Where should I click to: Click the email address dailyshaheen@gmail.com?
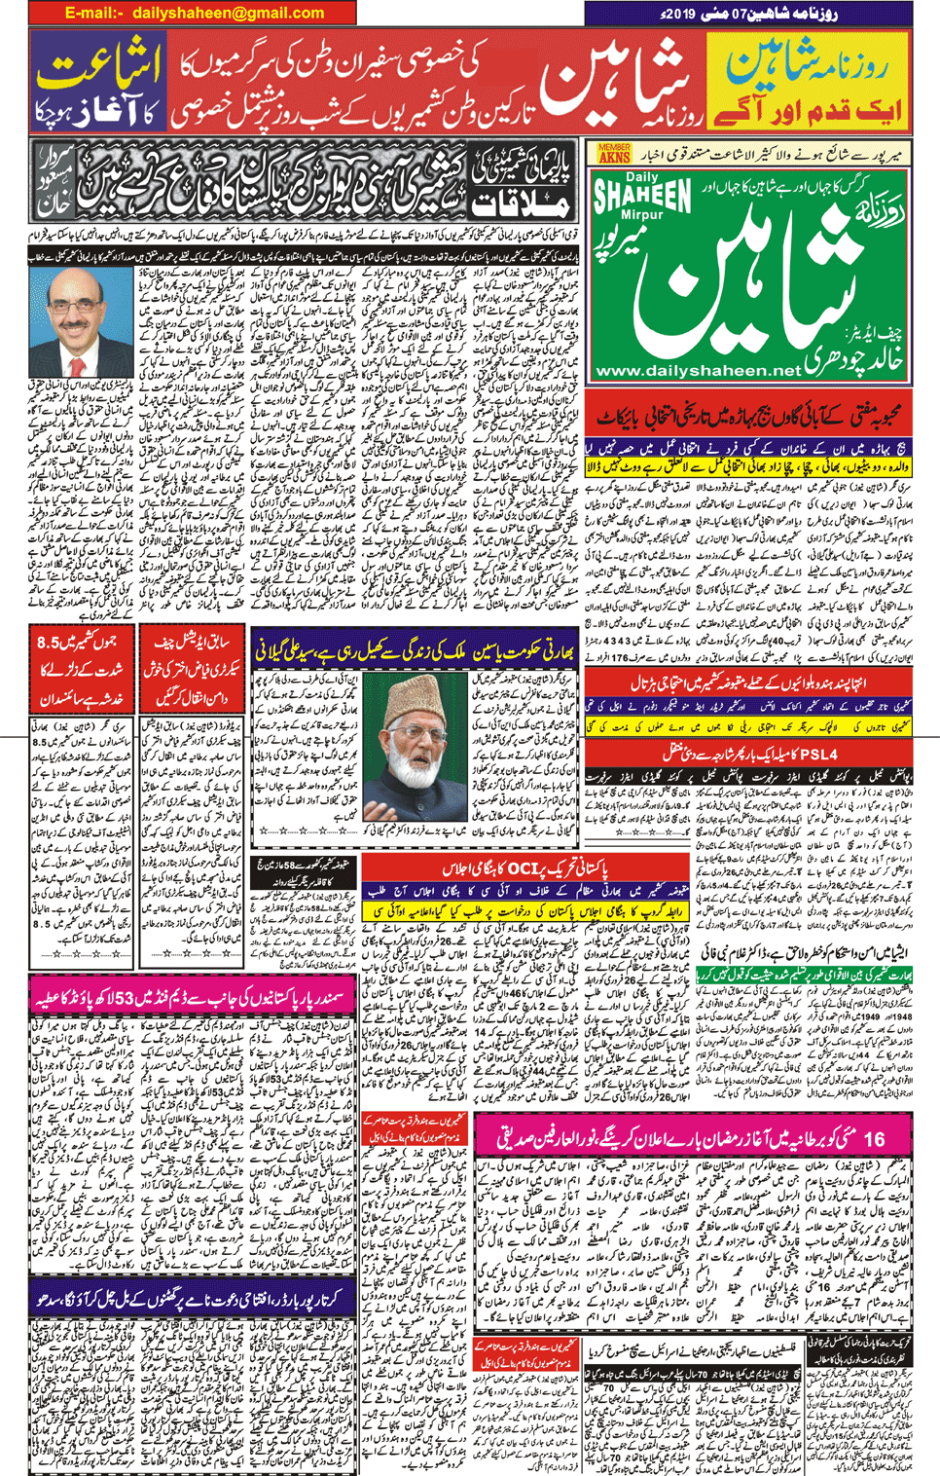click(229, 13)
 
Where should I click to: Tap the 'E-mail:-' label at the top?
click(94, 13)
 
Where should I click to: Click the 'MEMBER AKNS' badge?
click(613, 153)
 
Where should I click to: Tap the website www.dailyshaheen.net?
click(697, 371)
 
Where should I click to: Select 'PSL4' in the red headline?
click(815, 754)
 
